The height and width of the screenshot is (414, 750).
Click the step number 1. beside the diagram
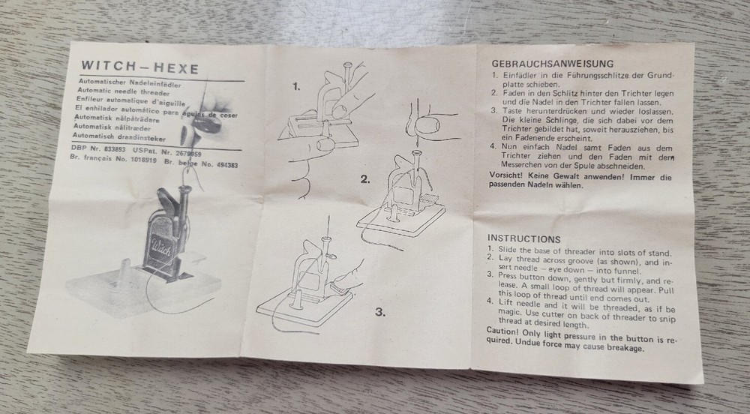pos(296,86)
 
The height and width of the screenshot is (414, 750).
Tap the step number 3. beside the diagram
pos(379,311)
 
